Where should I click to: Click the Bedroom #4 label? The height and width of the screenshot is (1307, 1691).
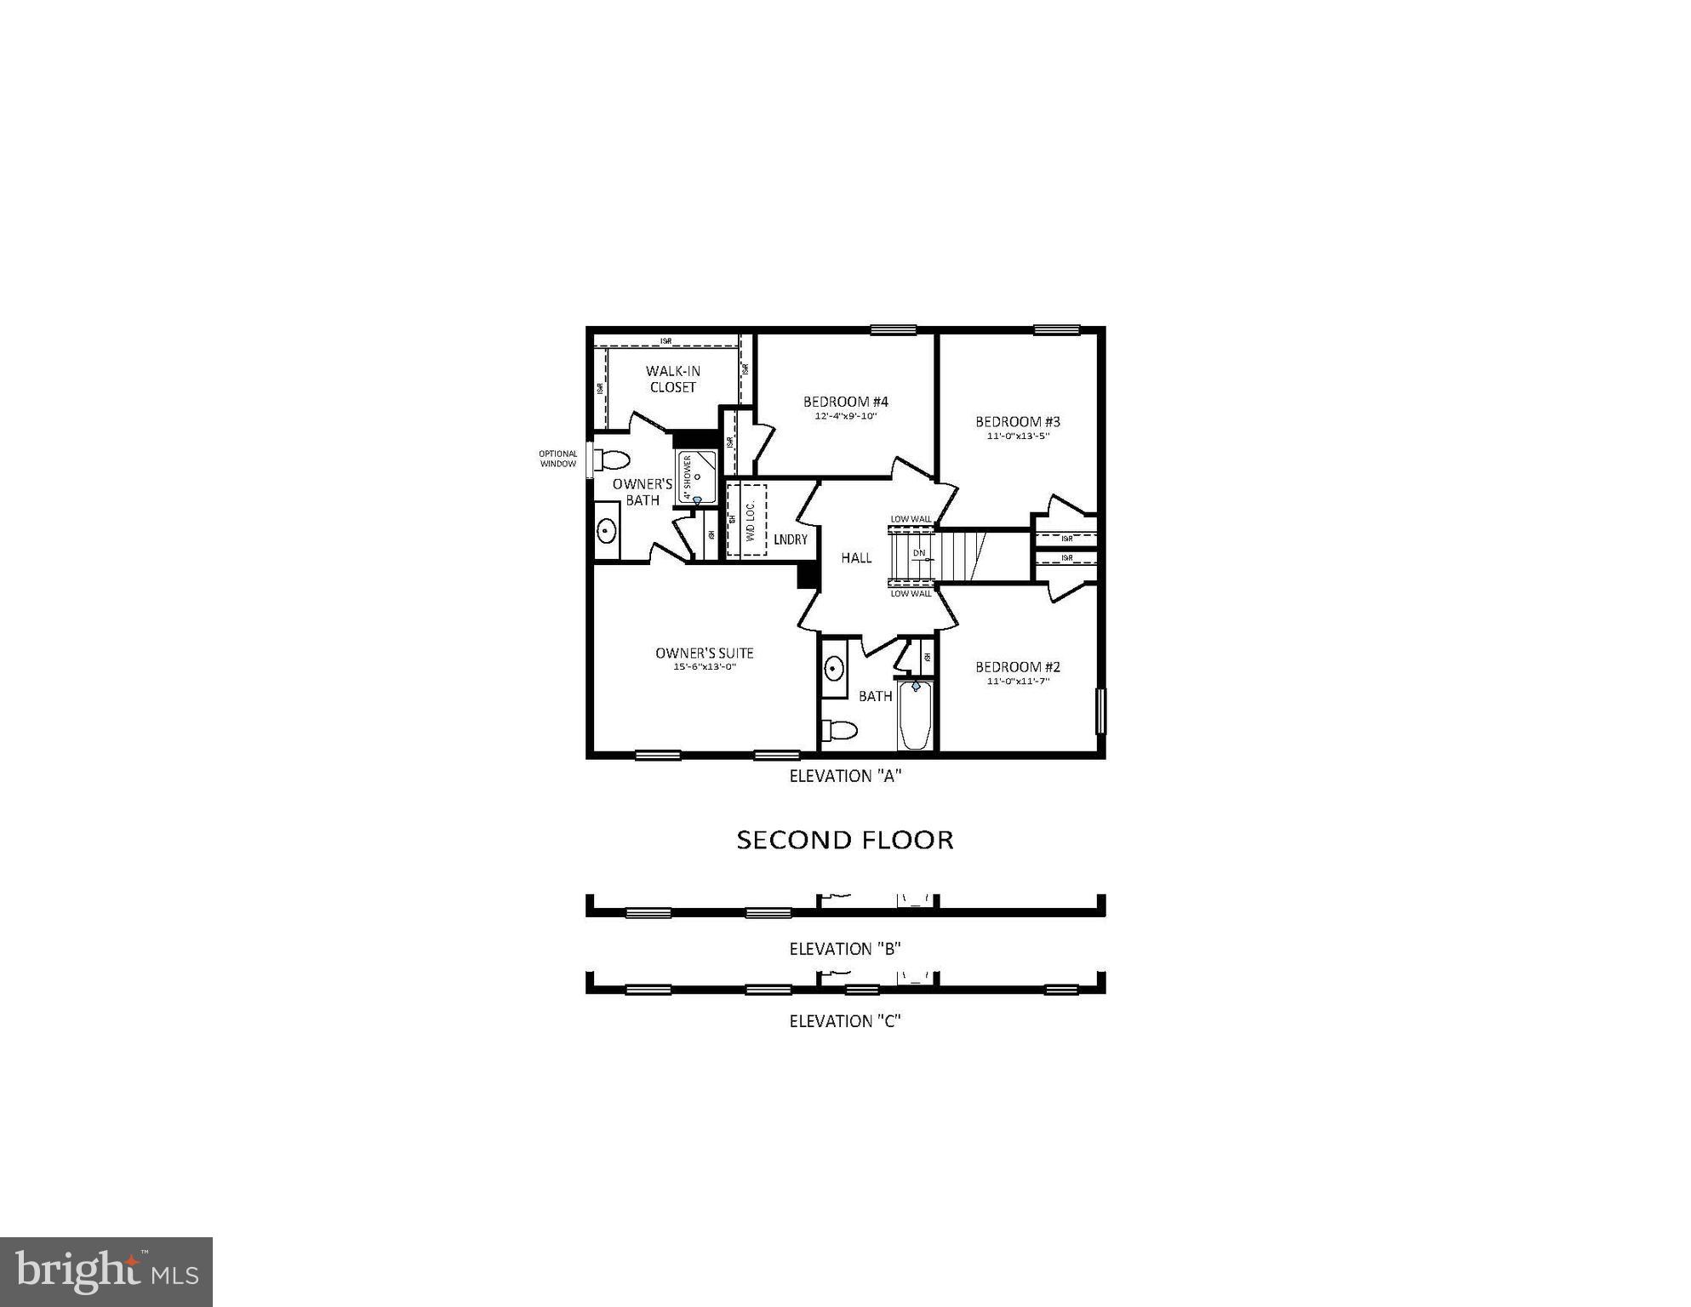point(845,402)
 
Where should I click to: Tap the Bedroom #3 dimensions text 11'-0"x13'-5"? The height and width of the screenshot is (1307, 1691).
point(1018,437)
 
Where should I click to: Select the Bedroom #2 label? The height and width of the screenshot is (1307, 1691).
point(1018,667)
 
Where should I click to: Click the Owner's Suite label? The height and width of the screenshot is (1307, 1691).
point(704,653)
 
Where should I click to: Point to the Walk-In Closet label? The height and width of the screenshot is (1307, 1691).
point(672,379)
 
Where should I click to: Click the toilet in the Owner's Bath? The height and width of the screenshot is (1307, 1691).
point(611,460)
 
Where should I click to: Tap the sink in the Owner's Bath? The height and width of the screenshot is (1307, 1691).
point(606,531)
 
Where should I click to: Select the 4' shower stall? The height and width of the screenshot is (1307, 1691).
point(696,477)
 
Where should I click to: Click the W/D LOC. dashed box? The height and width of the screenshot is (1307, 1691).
point(747,520)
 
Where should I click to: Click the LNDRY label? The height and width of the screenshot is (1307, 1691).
point(790,539)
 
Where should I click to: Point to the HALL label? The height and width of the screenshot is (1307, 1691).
point(856,557)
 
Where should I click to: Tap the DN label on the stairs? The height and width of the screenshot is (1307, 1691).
point(919,553)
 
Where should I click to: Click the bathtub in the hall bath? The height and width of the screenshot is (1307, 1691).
point(916,719)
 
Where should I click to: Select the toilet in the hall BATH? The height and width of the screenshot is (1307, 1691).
point(840,730)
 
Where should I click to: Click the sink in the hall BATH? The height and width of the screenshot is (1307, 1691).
point(834,668)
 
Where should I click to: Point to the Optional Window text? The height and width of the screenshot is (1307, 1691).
point(558,459)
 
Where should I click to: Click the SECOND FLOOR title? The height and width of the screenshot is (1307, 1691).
point(844,840)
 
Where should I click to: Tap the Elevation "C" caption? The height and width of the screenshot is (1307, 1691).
point(844,1021)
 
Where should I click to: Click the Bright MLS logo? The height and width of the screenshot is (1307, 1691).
point(106,1271)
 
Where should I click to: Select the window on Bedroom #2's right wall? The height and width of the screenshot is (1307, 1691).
point(1100,711)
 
